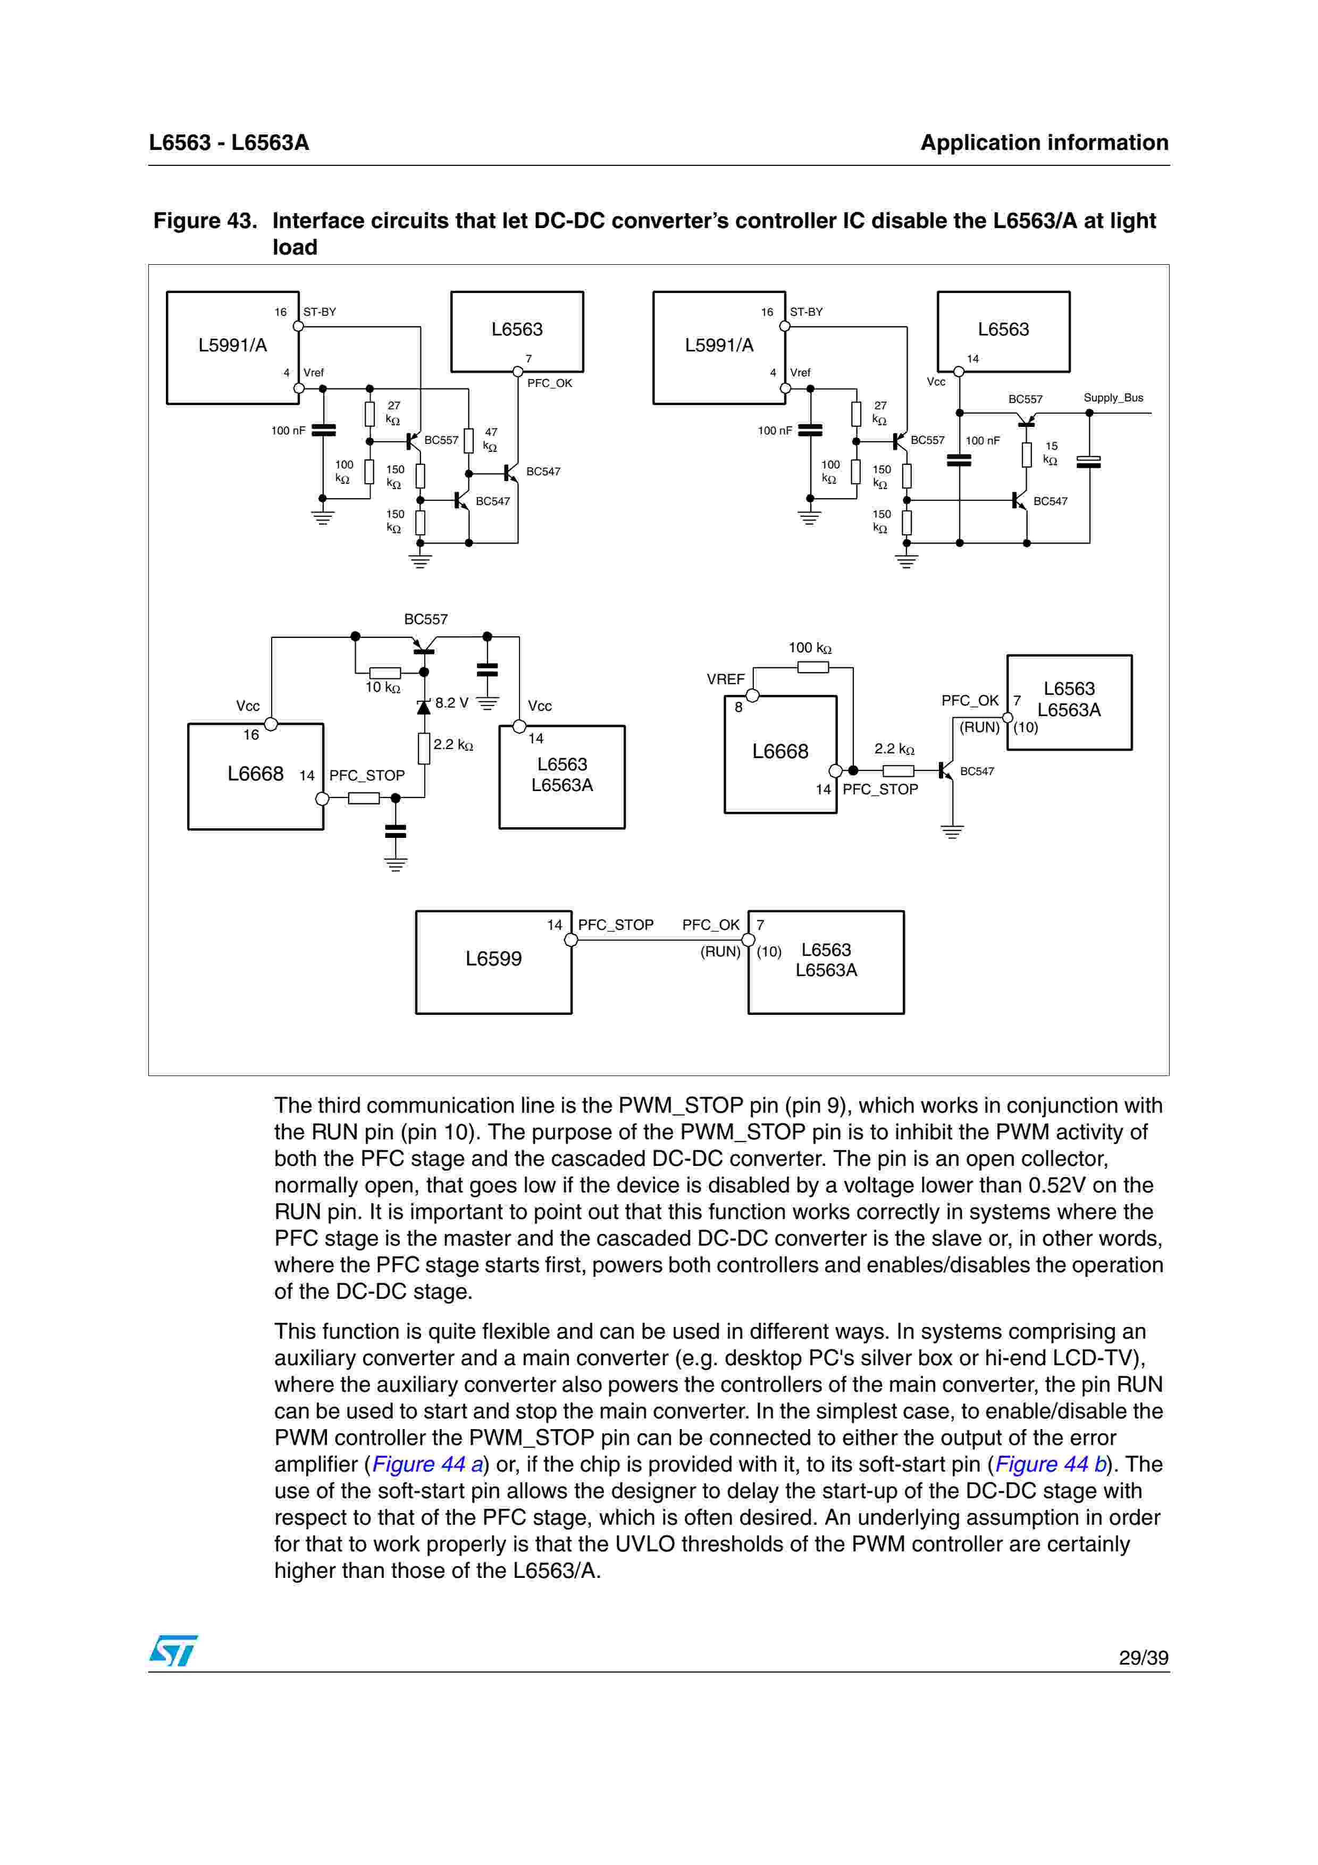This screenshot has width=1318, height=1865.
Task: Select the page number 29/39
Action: pos(1143,1658)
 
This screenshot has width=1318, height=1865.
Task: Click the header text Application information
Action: pos(1044,143)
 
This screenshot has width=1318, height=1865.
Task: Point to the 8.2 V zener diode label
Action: pos(451,703)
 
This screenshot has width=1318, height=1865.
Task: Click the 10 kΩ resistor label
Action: pos(382,688)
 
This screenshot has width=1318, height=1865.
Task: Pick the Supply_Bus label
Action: pos(1113,398)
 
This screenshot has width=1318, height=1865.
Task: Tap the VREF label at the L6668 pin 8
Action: pos(725,679)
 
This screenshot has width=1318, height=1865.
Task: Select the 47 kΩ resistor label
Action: pos(491,440)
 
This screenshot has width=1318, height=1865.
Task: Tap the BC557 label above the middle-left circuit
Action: pos(425,619)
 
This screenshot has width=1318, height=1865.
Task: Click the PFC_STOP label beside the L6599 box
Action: pos(616,925)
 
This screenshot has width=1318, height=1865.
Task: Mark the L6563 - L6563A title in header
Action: pos(229,143)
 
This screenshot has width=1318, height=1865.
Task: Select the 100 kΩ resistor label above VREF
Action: pos(810,648)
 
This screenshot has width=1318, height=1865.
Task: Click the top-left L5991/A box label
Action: pos(232,345)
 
